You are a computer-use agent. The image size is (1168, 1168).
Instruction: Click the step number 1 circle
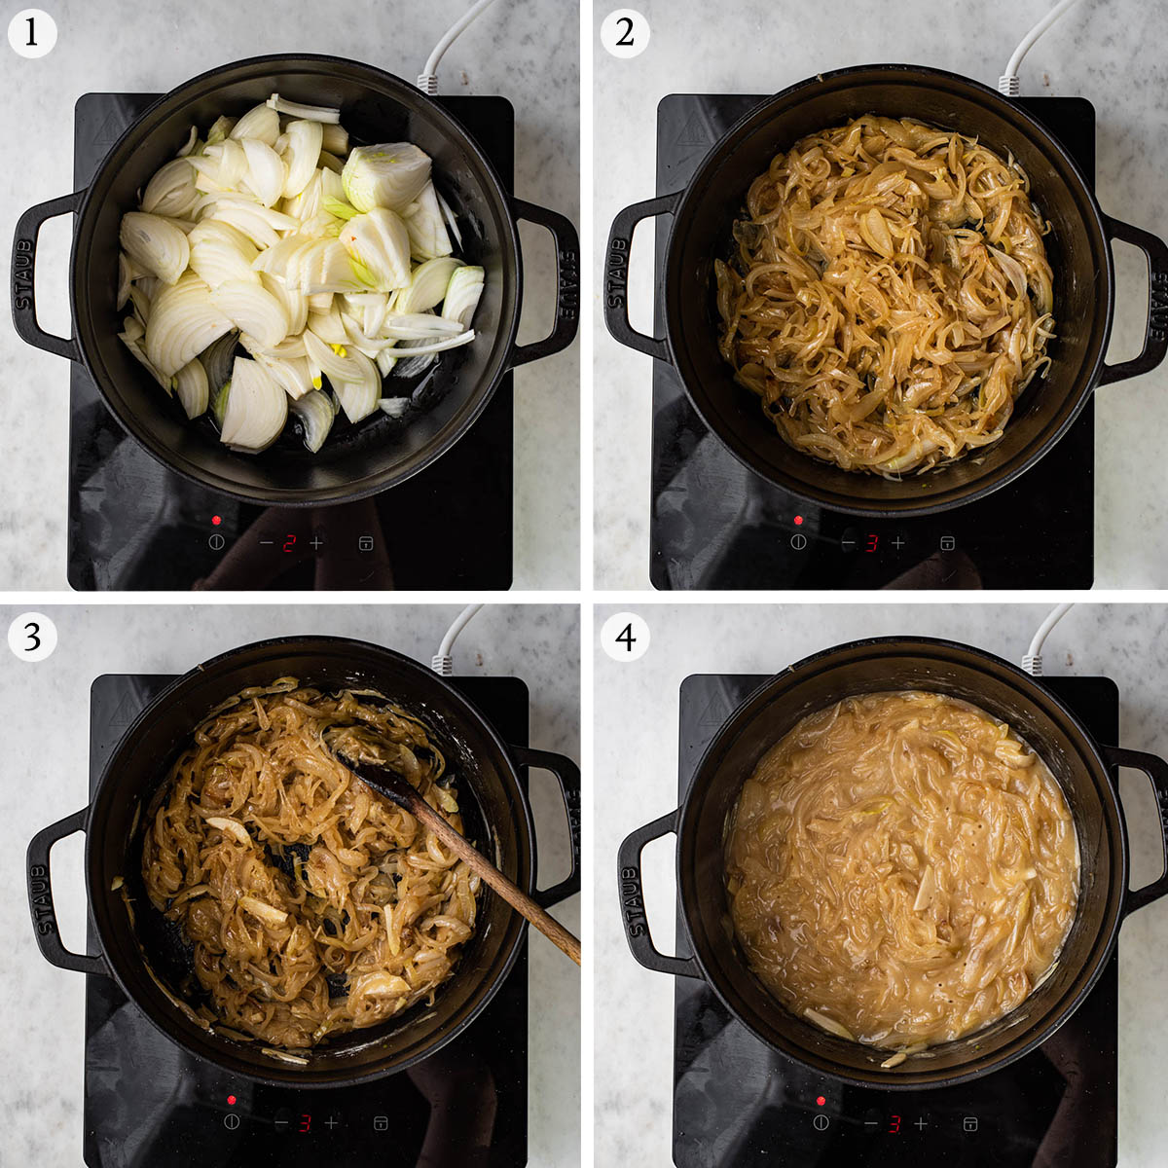pos(32,33)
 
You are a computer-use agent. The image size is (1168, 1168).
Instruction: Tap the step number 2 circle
pos(625,33)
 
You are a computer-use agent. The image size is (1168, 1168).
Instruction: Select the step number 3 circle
pos(32,637)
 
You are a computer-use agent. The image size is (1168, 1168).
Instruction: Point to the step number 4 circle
pos(625,637)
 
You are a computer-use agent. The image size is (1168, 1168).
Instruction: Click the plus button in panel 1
pos(315,543)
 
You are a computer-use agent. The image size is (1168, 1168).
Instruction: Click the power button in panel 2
pos(798,542)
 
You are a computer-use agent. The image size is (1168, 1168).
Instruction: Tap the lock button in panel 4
pos(969,1123)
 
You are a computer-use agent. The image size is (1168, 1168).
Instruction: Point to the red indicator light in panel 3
pos(231,1100)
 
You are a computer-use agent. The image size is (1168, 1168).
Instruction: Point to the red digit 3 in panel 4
pos(894,1124)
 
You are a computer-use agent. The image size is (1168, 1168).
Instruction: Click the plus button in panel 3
pos(331,1123)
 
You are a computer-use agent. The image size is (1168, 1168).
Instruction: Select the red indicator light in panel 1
pos(216,520)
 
